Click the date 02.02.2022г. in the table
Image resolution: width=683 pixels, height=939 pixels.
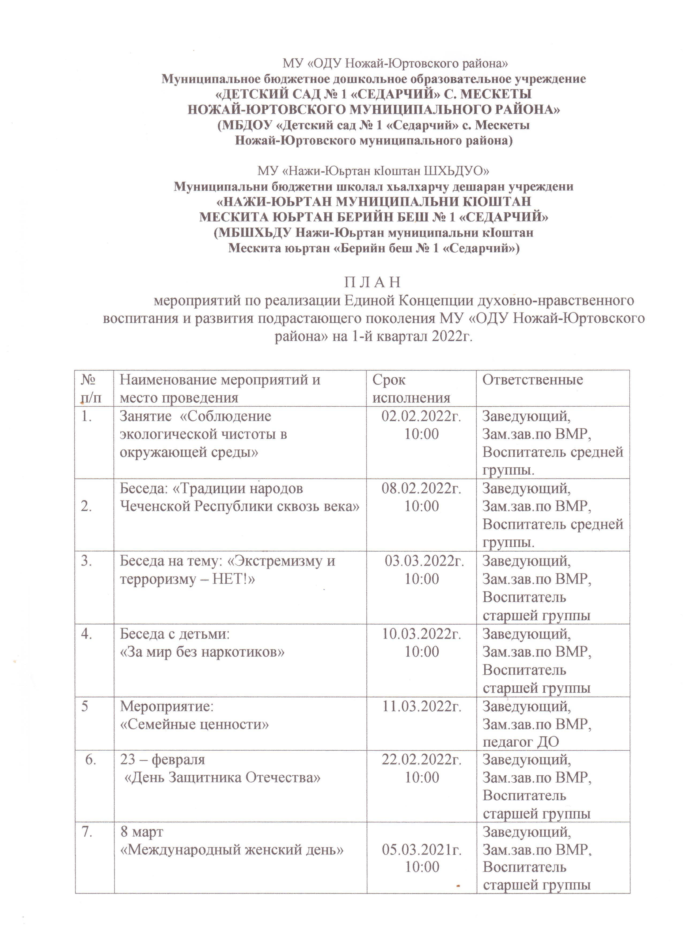point(421,416)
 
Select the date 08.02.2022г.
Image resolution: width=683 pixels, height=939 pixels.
point(421,488)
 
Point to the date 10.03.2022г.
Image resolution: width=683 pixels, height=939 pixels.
point(421,634)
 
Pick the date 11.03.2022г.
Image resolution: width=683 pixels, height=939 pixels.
point(421,706)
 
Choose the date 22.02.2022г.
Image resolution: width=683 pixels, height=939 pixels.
point(421,760)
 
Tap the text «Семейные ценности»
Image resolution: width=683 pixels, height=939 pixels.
point(194,724)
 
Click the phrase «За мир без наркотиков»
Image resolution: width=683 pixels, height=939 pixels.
point(202,652)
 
